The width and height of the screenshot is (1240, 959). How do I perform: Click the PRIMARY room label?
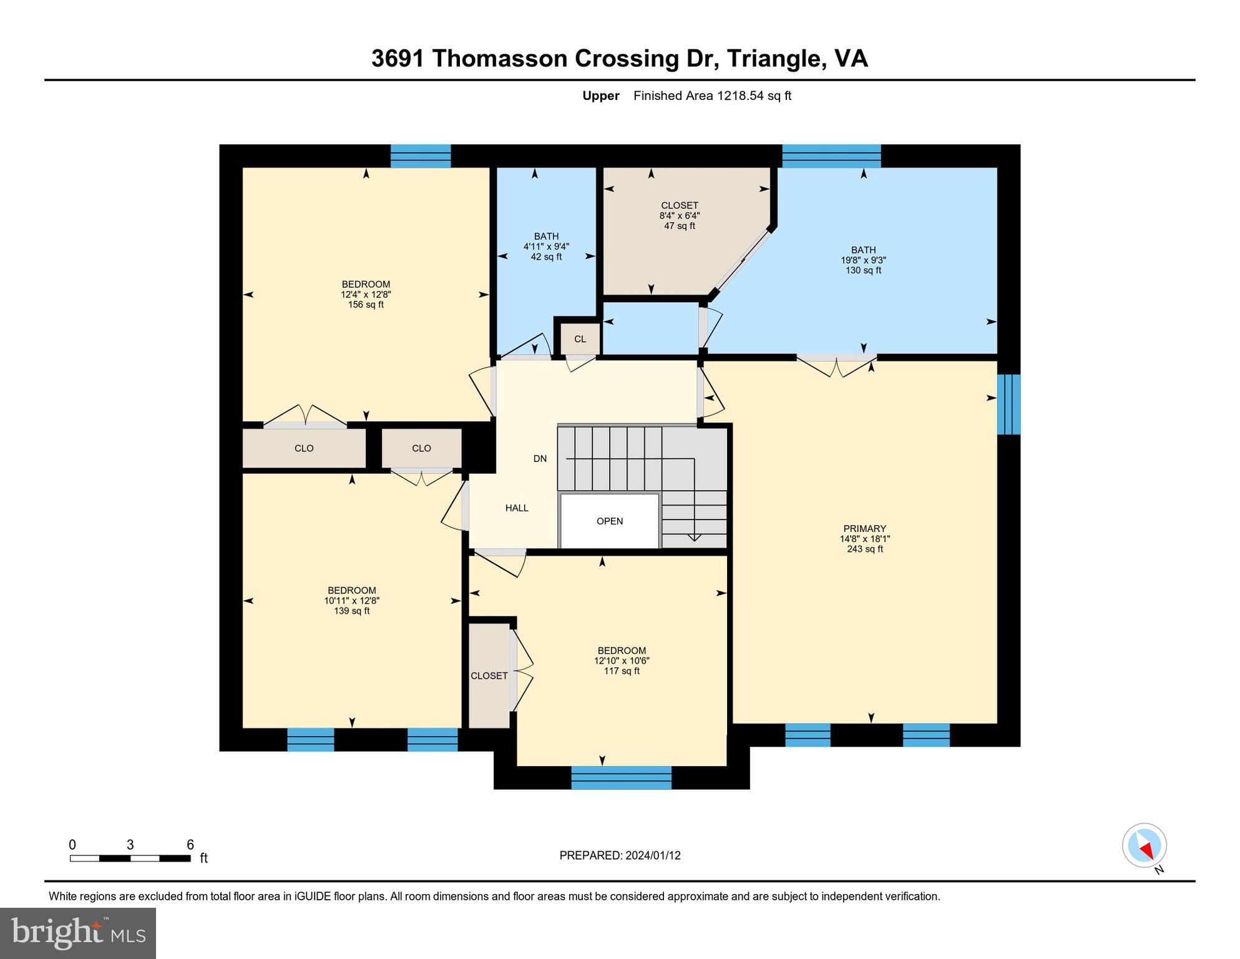coord(864,528)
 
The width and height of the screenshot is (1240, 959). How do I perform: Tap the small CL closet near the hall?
coord(580,339)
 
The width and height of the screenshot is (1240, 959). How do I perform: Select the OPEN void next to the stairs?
coord(610,521)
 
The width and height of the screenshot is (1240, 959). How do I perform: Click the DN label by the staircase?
coord(540,458)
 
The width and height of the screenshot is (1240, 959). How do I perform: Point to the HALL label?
coord(517,508)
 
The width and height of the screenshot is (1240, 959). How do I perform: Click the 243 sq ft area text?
coord(865,549)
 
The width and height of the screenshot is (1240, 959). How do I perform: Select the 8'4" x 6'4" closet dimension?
coord(680,215)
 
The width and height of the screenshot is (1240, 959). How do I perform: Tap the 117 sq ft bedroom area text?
coord(622,671)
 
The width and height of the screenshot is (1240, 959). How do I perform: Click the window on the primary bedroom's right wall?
coord(1008,404)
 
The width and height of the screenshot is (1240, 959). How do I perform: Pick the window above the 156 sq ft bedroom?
coord(421,156)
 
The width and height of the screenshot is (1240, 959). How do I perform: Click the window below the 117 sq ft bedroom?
coord(622,778)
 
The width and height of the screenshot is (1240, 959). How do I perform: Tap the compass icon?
coord(1145,845)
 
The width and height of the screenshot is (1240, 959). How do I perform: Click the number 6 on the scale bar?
coord(190,845)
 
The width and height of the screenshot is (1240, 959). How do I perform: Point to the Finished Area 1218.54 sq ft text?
coord(712,96)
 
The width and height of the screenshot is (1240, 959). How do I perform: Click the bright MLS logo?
coord(78,933)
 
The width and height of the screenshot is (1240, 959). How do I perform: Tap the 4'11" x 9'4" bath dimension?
coord(546,247)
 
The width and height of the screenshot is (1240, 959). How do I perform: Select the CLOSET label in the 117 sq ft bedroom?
coord(489,676)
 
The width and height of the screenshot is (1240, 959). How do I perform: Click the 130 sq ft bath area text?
coord(864,270)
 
